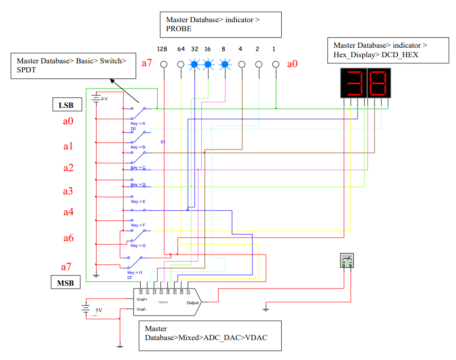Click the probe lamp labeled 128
click(x=164, y=64)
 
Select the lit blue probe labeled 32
click(x=194, y=64)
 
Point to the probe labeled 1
click(x=276, y=64)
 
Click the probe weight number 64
click(x=181, y=49)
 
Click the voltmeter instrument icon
click(x=347, y=261)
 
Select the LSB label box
click(x=66, y=105)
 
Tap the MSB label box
click(x=65, y=283)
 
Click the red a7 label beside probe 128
click(x=147, y=63)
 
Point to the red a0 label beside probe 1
click(x=293, y=63)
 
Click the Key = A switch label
click(x=138, y=123)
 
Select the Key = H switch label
click(x=135, y=272)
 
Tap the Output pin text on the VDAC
click(x=192, y=303)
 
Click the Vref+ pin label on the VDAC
click(x=142, y=299)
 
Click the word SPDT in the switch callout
click(x=26, y=70)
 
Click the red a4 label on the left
click(x=69, y=212)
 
